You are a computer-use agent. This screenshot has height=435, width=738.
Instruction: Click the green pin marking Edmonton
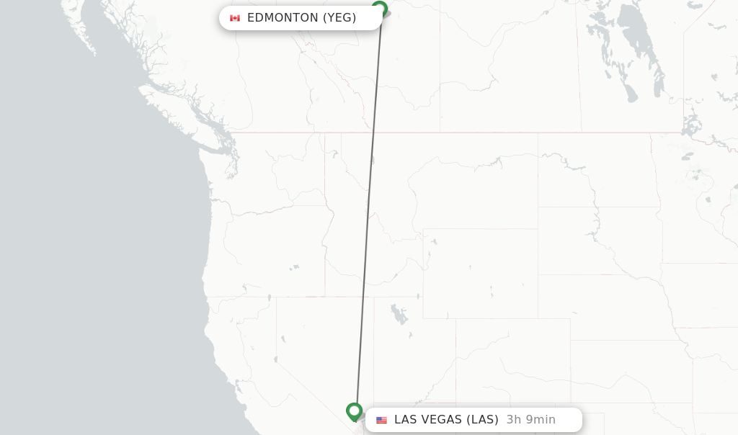pyautogui.click(x=379, y=9)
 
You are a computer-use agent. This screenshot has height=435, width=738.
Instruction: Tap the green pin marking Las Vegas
pyautogui.click(x=354, y=411)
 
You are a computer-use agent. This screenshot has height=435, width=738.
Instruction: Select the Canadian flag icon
pyautogui.click(x=235, y=18)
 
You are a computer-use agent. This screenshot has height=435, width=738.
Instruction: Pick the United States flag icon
pyautogui.click(x=381, y=420)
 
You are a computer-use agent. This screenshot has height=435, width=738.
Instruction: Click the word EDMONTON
pyautogui.click(x=283, y=18)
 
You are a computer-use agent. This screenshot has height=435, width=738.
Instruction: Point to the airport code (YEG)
pyautogui.click(x=339, y=18)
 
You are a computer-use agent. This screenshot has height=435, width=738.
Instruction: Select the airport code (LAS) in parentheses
pyautogui.click(x=482, y=420)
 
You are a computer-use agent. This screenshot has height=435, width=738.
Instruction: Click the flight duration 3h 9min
pyautogui.click(x=530, y=420)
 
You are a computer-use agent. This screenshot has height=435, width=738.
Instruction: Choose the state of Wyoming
pyautogui.click(x=479, y=273)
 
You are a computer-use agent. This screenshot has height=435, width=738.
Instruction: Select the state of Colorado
pyautogui.click(x=512, y=360)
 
